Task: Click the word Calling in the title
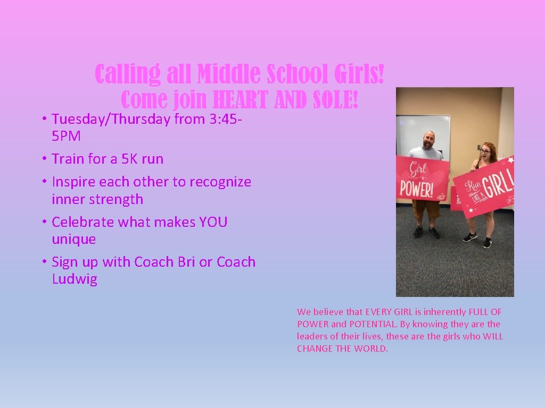(x=127, y=74)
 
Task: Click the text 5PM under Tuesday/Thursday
(x=67, y=137)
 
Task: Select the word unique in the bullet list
(x=74, y=240)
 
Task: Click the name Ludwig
(x=75, y=279)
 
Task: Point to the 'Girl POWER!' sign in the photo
(x=422, y=178)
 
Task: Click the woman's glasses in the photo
(x=485, y=151)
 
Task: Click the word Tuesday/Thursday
(x=111, y=119)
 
